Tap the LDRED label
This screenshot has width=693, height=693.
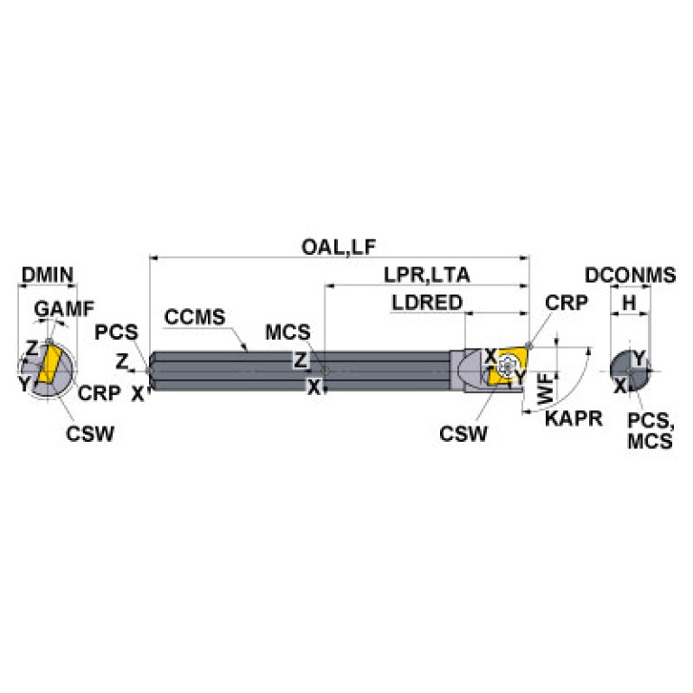[427, 303]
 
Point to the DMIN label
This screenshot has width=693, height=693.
[46, 275]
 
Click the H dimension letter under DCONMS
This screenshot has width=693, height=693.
[630, 303]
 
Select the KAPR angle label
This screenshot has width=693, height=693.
[563, 418]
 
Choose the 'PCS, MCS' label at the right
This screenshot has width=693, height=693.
[651, 431]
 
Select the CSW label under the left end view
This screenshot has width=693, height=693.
[89, 433]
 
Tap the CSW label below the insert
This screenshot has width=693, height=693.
[463, 434]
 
